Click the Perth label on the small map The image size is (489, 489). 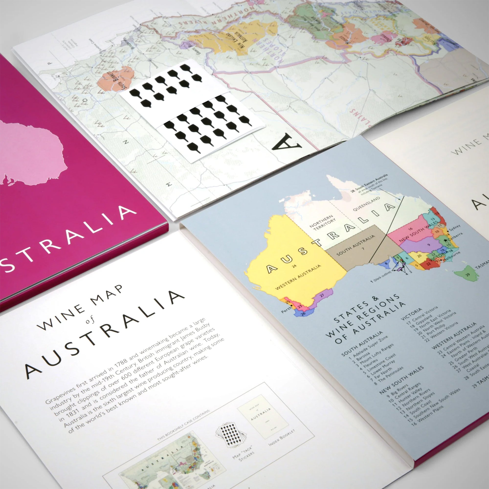tap(286, 309)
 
